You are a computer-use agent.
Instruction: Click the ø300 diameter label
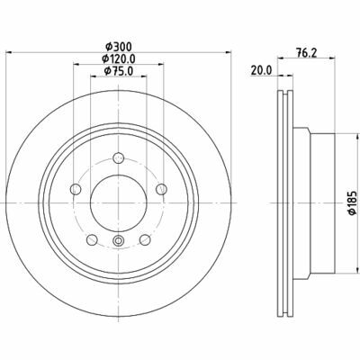coord(119,47)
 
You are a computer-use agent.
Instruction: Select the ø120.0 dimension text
coord(119,58)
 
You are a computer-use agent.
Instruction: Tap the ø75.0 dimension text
coord(119,71)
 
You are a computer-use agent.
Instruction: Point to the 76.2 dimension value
coord(306,53)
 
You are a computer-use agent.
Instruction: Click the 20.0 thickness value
coord(261,70)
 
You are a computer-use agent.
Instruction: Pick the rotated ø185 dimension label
coord(352,202)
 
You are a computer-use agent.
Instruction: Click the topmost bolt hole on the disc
coord(119,157)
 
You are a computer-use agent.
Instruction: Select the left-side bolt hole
coord(76,189)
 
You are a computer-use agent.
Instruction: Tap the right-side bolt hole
coord(162,189)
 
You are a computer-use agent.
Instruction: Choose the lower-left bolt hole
coord(92,239)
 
